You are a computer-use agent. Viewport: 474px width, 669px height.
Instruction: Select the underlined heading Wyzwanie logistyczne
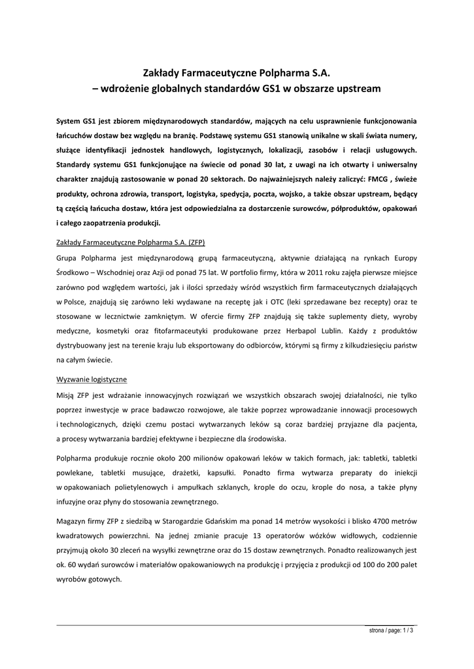(92, 379)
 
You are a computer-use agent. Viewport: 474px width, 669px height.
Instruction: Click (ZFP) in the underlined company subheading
(195, 242)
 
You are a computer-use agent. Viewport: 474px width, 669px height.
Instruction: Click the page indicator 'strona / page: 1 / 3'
(391, 630)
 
